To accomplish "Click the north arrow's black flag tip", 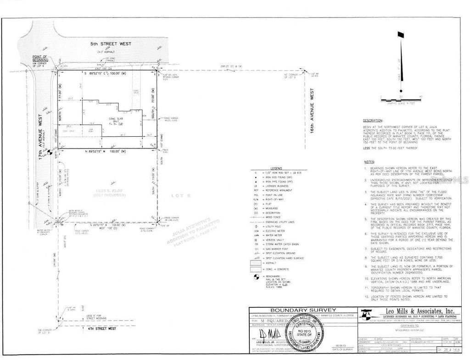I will tap(401, 35).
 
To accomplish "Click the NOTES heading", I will tap(369, 162).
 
